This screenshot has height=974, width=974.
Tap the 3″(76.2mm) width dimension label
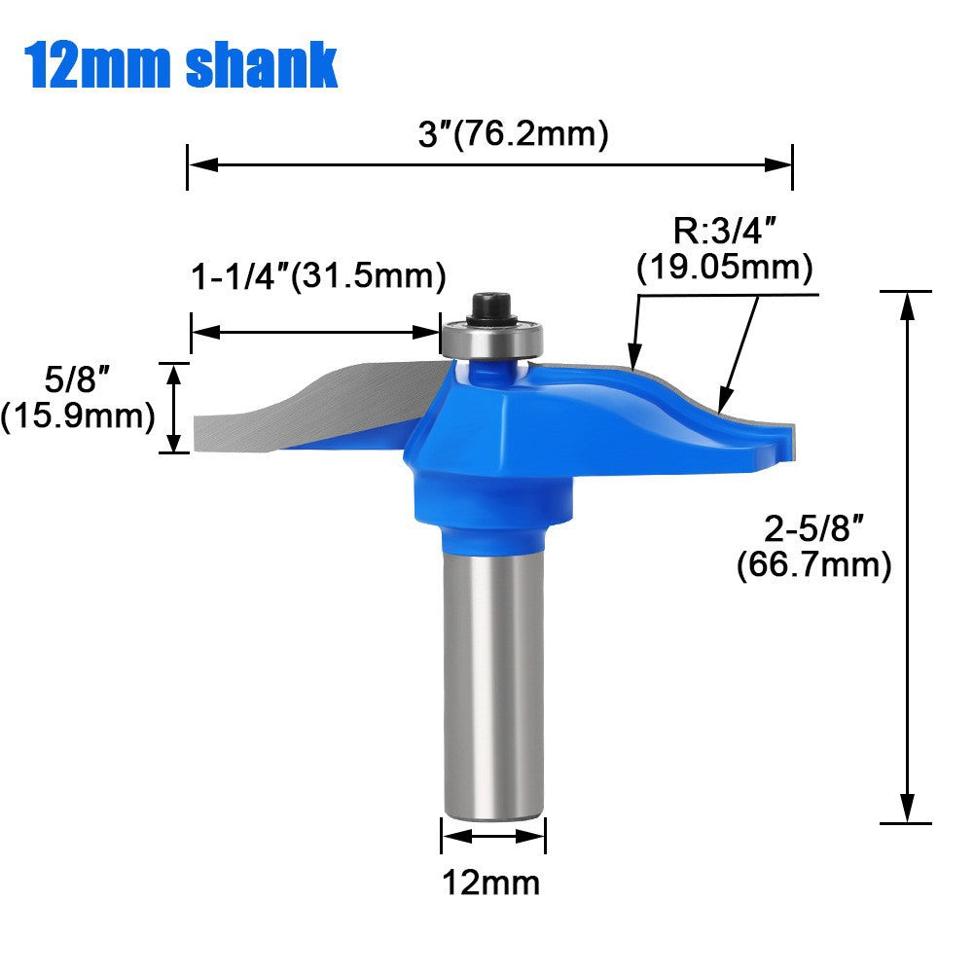tap(513, 133)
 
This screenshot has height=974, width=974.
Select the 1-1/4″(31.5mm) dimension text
tap(318, 276)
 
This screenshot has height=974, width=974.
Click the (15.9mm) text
tap(78, 416)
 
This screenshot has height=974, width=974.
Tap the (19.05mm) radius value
tap(725, 267)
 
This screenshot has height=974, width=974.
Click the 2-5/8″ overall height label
tap(814, 530)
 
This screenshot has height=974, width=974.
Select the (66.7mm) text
tap(814, 564)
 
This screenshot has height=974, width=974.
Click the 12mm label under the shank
tap(491, 883)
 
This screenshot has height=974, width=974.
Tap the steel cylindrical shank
tap(493, 681)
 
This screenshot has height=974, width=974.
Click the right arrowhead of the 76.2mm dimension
tap(782, 165)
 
